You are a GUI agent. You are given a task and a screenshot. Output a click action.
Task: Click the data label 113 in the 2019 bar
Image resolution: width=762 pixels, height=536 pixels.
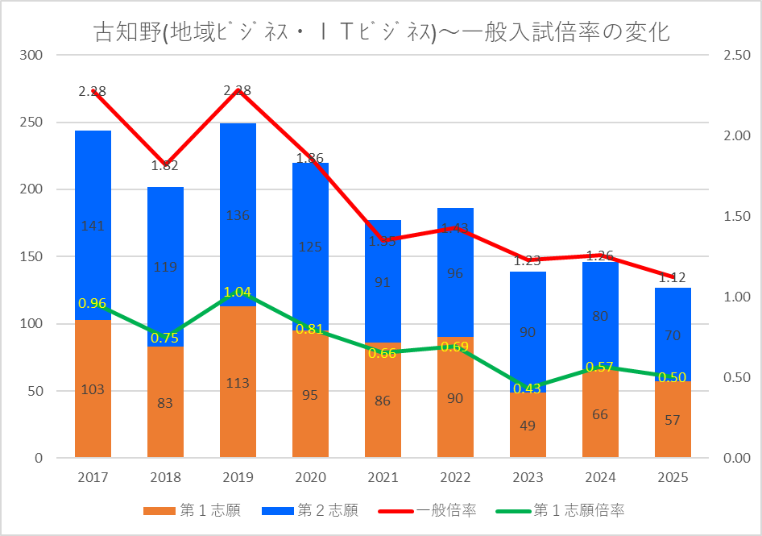tap(238, 384)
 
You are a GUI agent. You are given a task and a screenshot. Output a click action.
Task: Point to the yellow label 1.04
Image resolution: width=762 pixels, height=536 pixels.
tap(238, 292)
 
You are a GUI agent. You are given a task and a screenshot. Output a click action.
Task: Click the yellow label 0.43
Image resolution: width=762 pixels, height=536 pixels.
tap(528, 388)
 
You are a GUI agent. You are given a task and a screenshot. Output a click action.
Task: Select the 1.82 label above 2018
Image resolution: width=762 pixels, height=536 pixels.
tap(165, 166)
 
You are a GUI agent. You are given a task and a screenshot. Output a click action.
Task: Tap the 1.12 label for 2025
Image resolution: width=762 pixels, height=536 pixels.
tap(673, 278)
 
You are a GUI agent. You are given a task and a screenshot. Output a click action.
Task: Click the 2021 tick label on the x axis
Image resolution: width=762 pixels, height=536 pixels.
tap(383, 478)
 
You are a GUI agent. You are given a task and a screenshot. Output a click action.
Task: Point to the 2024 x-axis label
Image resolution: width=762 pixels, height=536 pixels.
tap(600, 478)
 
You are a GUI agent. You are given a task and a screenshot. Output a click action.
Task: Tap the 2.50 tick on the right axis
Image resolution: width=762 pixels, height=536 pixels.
tap(737, 56)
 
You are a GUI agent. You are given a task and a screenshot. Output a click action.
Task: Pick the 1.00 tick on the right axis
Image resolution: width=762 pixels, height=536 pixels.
tap(737, 297)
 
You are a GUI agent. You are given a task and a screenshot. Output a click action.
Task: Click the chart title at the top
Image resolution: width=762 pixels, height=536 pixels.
tap(382, 32)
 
